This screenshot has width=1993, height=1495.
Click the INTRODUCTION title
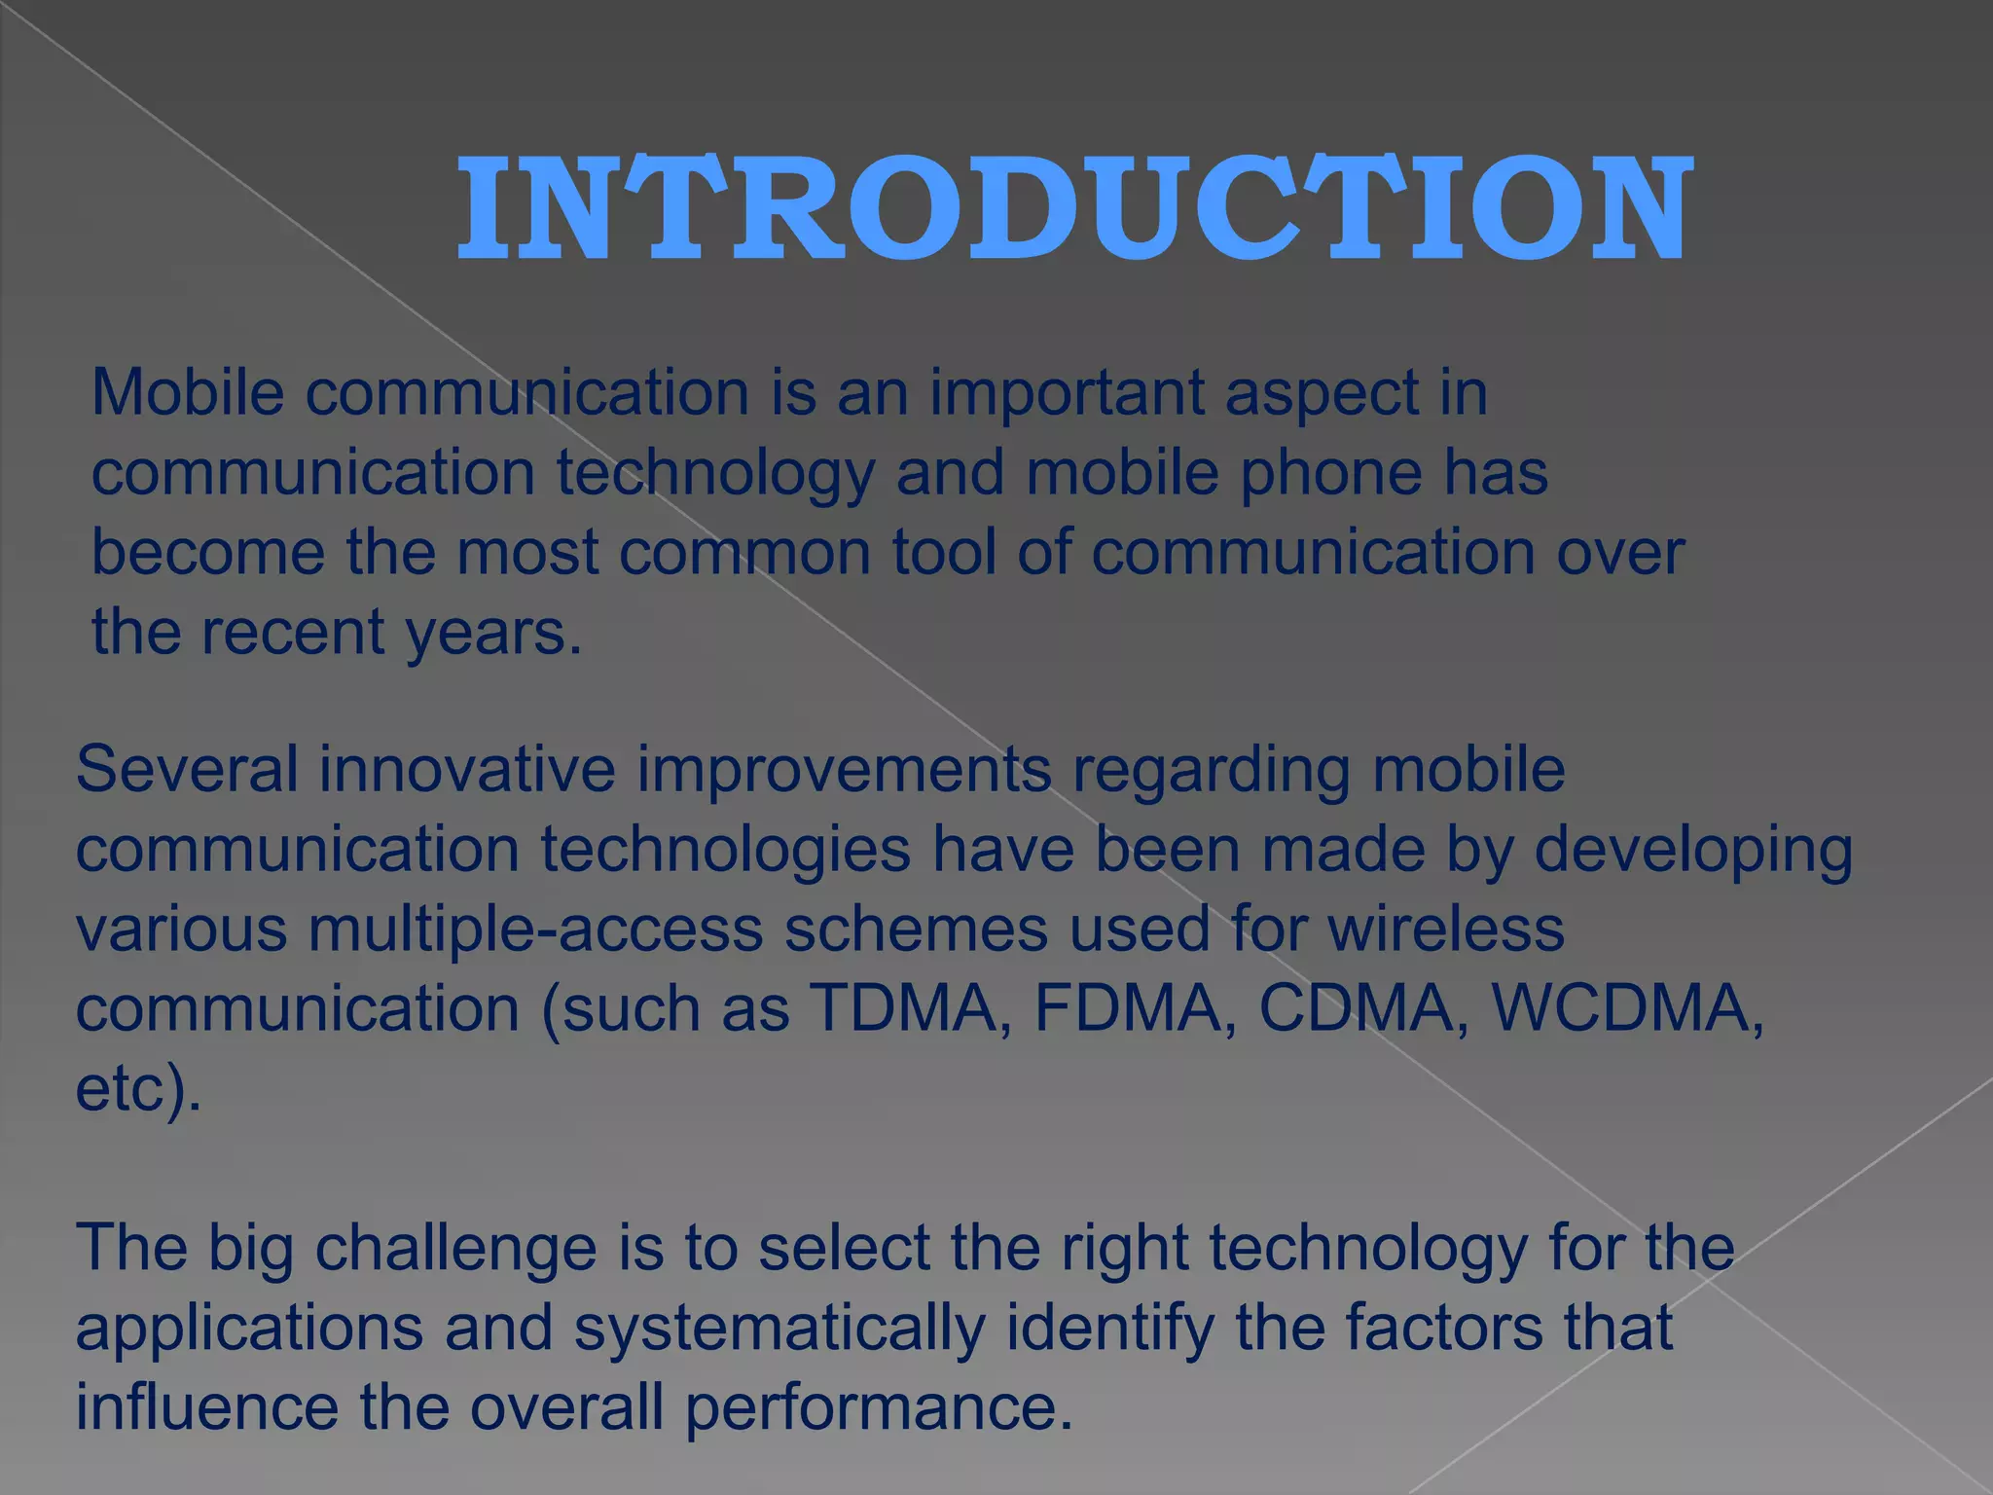click(x=1074, y=209)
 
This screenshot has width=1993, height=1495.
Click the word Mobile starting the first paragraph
click(x=188, y=393)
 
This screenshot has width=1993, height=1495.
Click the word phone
click(x=1330, y=475)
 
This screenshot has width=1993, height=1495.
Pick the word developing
click(x=1693, y=851)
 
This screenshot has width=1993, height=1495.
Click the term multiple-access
click(x=535, y=930)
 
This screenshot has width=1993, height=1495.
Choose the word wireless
click(x=1446, y=929)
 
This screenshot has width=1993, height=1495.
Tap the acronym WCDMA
click(x=1621, y=1008)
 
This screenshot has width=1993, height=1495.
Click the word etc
click(x=127, y=1088)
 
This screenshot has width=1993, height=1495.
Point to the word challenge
click(x=455, y=1249)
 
